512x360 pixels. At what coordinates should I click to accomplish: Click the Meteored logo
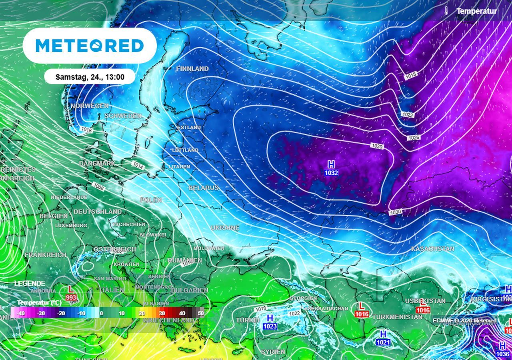(90, 46)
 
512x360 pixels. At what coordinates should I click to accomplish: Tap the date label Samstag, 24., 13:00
(90, 77)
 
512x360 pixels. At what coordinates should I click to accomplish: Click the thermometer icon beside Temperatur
(446, 11)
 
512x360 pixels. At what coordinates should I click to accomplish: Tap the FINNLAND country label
(192, 69)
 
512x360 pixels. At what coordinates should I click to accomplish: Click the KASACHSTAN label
(432, 249)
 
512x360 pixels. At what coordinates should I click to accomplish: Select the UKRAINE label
(225, 228)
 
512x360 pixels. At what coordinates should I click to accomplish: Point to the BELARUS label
(204, 188)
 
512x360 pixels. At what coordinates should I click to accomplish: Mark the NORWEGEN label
(90, 106)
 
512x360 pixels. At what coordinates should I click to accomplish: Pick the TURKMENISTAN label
(397, 317)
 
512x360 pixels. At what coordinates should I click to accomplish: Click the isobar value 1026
(414, 138)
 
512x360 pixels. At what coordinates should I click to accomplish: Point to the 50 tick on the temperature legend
(201, 313)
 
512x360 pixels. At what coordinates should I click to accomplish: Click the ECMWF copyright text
(464, 320)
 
